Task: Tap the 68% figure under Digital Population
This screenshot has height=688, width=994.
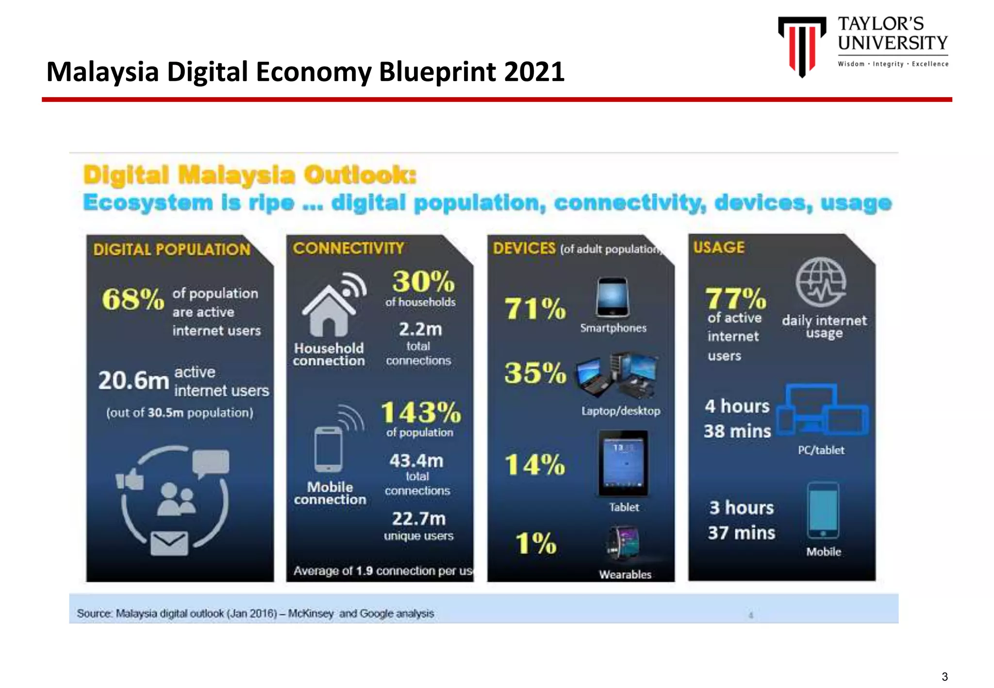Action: coord(133,299)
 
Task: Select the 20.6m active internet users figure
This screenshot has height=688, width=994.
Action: coord(133,380)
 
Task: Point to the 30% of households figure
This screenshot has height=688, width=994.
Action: coord(423,281)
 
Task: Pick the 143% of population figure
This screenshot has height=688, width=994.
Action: coord(420,413)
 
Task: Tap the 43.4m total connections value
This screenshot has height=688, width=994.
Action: coord(416,460)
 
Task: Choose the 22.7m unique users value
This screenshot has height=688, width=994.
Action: coord(418,519)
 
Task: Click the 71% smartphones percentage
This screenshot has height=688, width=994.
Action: coord(535,309)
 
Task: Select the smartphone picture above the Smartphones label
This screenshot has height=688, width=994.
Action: coord(612,297)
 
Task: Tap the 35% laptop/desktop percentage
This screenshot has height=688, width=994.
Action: coord(535,373)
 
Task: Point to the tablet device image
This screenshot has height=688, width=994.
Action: coord(623,463)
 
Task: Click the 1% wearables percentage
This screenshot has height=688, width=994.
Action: coord(535,543)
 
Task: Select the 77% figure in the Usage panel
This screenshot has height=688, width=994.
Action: coord(735,298)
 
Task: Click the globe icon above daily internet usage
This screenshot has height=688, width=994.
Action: coord(821,282)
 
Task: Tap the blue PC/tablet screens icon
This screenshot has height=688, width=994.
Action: coord(822,410)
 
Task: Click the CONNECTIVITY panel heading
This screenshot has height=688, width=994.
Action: coord(348,248)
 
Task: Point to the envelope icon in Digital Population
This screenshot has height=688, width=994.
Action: coord(169,543)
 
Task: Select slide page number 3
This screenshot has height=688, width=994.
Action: coord(944,676)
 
